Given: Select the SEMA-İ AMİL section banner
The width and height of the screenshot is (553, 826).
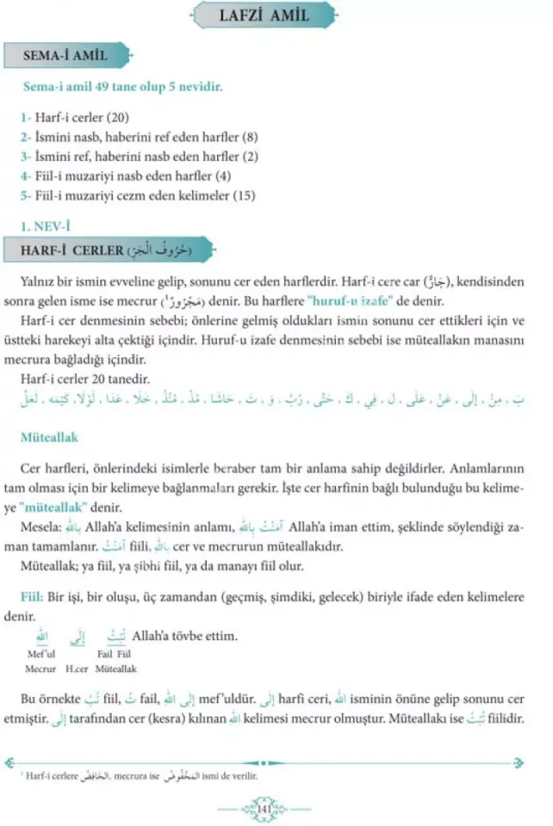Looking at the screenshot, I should point(66,56).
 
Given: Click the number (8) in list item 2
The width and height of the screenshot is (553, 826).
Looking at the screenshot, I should point(250,137).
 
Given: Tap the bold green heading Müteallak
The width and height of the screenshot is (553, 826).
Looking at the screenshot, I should point(49,438).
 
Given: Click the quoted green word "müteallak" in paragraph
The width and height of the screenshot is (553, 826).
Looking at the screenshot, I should point(72,507).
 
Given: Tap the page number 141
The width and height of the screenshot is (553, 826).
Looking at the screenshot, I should point(264,808).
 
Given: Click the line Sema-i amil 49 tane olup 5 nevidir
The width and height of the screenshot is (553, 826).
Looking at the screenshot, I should point(123,87).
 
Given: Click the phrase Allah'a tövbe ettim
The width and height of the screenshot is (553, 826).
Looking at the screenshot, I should point(184,637).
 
